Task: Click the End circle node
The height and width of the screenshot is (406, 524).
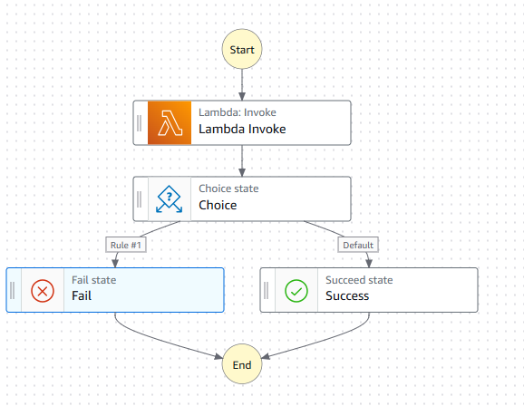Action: point(242,364)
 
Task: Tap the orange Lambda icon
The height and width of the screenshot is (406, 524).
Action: point(170,122)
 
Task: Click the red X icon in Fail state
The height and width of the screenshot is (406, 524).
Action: point(43,290)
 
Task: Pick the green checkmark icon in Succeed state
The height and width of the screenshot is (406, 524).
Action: point(296,290)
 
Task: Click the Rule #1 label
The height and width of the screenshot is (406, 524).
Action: point(124,245)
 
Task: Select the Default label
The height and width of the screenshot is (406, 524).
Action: point(358,245)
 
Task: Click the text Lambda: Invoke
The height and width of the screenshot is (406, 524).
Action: point(238,112)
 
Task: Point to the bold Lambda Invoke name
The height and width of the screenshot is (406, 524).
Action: point(242,130)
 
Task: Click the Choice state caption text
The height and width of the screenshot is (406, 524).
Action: point(228,188)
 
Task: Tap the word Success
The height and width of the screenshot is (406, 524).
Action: point(347,296)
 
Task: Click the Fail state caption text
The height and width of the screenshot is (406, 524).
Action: point(93,280)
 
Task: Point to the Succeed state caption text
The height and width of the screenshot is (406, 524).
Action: point(359,280)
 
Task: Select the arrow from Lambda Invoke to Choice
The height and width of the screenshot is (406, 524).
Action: point(242,159)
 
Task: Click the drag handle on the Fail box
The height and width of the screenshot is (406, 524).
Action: point(13,290)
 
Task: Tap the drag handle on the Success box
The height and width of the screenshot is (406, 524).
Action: point(267,290)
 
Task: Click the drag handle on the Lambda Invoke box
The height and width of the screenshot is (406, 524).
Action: point(140,122)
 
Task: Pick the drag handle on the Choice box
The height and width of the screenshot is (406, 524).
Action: point(140,198)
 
